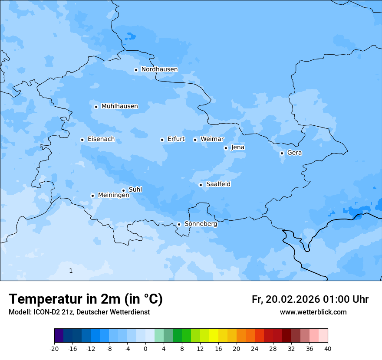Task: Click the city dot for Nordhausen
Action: pyautogui.click(x=136, y=70)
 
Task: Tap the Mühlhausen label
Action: pyautogui.click(x=119, y=106)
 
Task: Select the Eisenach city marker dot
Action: pyautogui.click(x=82, y=140)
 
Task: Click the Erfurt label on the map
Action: pyautogui.click(x=176, y=139)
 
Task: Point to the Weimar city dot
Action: pyautogui.click(x=195, y=140)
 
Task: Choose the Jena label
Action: pyautogui.click(x=237, y=147)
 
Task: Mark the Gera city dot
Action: pyautogui.click(x=282, y=153)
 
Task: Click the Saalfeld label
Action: pyautogui.click(x=218, y=184)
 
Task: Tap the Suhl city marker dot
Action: pyautogui.click(x=123, y=190)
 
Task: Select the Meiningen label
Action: pyautogui.click(x=113, y=195)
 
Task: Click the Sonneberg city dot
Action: pyautogui.click(x=179, y=225)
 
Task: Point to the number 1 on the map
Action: pyautogui.click(x=71, y=271)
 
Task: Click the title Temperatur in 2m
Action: pyautogui.click(x=86, y=299)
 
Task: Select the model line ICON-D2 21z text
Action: pyautogui.click(x=79, y=312)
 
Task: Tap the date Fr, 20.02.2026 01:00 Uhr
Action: pyautogui.click(x=310, y=299)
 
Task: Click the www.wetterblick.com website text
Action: pyautogui.click(x=313, y=312)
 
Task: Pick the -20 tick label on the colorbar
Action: pyautogui.click(x=54, y=349)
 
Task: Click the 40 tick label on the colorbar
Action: pyautogui.click(x=328, y=349)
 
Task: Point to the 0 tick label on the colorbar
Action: pyautogui.click(x=145, y=349)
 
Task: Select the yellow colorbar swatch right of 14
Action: pyautogui.click(x=214, y=336)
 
